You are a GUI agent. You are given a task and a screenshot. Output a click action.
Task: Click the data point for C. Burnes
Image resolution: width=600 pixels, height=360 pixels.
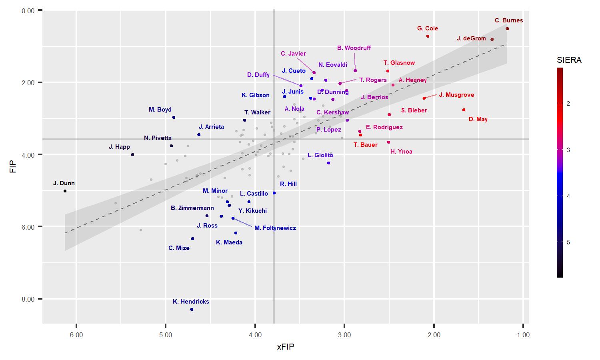(507, 28)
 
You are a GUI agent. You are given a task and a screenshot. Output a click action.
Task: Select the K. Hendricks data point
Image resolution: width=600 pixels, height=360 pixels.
(192, 309)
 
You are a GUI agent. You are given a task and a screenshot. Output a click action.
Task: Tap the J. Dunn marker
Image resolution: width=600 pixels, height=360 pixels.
(65, 191)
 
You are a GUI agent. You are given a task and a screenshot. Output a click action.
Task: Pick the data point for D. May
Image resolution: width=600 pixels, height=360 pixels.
(464, 110)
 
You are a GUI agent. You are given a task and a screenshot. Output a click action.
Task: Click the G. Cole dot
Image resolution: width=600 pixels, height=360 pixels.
(428, 36)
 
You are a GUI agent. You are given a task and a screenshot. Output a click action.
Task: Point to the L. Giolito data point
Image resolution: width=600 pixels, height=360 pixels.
(328, 163)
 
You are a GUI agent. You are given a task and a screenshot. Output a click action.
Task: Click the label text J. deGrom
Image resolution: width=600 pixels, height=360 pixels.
(471, 38)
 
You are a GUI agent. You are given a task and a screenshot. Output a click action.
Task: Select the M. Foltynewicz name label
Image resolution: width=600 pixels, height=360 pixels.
(275, 228)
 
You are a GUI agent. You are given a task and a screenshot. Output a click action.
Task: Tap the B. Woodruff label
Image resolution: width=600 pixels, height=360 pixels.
(354, 48)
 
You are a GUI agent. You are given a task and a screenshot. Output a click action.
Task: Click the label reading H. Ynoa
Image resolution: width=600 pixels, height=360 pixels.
(401, 152)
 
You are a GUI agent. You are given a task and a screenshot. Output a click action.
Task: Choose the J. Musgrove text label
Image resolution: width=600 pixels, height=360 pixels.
(456, 95)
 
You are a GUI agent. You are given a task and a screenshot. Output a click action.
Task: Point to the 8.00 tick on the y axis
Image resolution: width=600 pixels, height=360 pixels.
(29, 299)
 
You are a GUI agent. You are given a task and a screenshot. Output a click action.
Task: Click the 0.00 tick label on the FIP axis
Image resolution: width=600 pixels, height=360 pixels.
(29, 10)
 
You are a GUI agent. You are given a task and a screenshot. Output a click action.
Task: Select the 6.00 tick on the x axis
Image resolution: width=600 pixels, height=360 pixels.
(76, 335)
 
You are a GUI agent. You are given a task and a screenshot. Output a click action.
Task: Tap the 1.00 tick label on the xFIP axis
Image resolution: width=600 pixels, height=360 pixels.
(523, 335)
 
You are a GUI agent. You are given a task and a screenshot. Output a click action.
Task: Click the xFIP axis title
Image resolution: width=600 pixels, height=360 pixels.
(286, 347)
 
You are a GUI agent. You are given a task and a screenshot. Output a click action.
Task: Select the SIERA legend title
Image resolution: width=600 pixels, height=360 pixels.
(569, 60)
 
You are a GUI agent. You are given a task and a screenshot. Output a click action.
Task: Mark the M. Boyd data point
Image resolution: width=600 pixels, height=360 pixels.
(174, 117)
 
